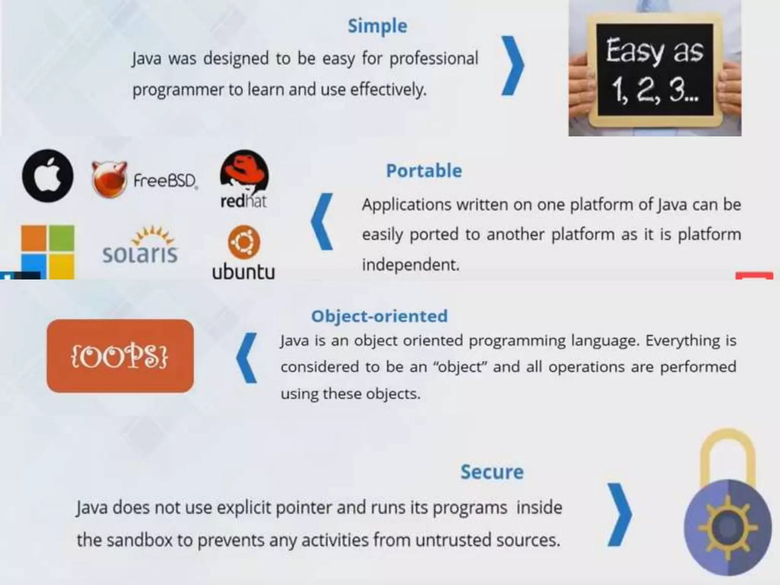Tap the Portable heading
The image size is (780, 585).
[x=424, y=171]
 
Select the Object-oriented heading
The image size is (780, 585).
[x=379, y=316]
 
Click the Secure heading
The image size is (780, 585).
[x=492, y=472]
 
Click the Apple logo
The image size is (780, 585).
[x=48, y=176]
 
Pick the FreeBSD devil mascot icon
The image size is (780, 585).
[x=109, y=179]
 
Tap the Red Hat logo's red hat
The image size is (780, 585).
[x=244, y=171]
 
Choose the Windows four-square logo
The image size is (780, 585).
[x=48, y=251]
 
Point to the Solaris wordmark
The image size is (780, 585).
[x=140, y=253]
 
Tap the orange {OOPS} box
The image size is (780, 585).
[x=120, y=356]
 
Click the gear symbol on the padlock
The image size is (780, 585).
[x=727, y=527]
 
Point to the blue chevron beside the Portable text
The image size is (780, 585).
[x=322, y=222]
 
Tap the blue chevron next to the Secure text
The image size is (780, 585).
[x=619, y=514]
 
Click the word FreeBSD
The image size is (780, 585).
[x=165, y=181]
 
